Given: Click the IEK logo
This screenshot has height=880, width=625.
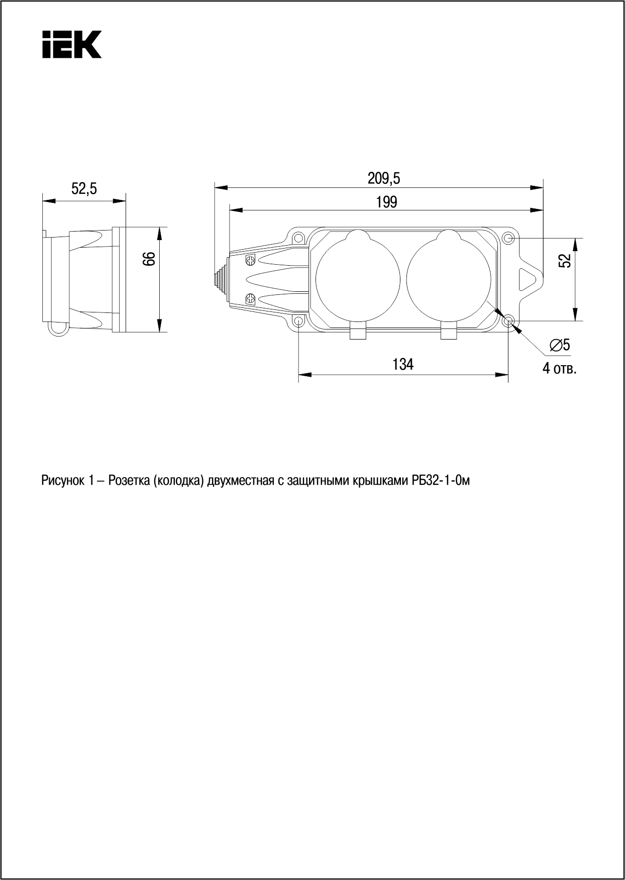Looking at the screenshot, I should [x=72, y=44].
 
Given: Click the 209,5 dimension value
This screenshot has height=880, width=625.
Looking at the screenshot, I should [x=384, y=178].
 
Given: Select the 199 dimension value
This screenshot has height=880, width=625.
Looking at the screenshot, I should [x=386, y=202].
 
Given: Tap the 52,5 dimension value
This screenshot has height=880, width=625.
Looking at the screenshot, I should [x=84, y=189].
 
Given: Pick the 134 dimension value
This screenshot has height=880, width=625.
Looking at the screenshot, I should [x=403, y=364].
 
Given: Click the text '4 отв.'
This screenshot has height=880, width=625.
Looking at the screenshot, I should [x=559, y=369].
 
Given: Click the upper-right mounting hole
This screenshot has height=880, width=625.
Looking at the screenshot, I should [x=508, y=238].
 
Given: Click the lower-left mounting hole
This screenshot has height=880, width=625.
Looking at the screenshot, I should [x=298, y=321].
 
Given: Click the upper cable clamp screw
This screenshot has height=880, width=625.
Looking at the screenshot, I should [x=250, y=260].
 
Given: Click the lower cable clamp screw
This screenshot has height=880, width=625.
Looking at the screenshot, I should [x=250, y=299].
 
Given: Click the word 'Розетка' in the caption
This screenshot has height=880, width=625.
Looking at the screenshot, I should [x=129, y=481].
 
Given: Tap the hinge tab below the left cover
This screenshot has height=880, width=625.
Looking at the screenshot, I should [x=358, y=334].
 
